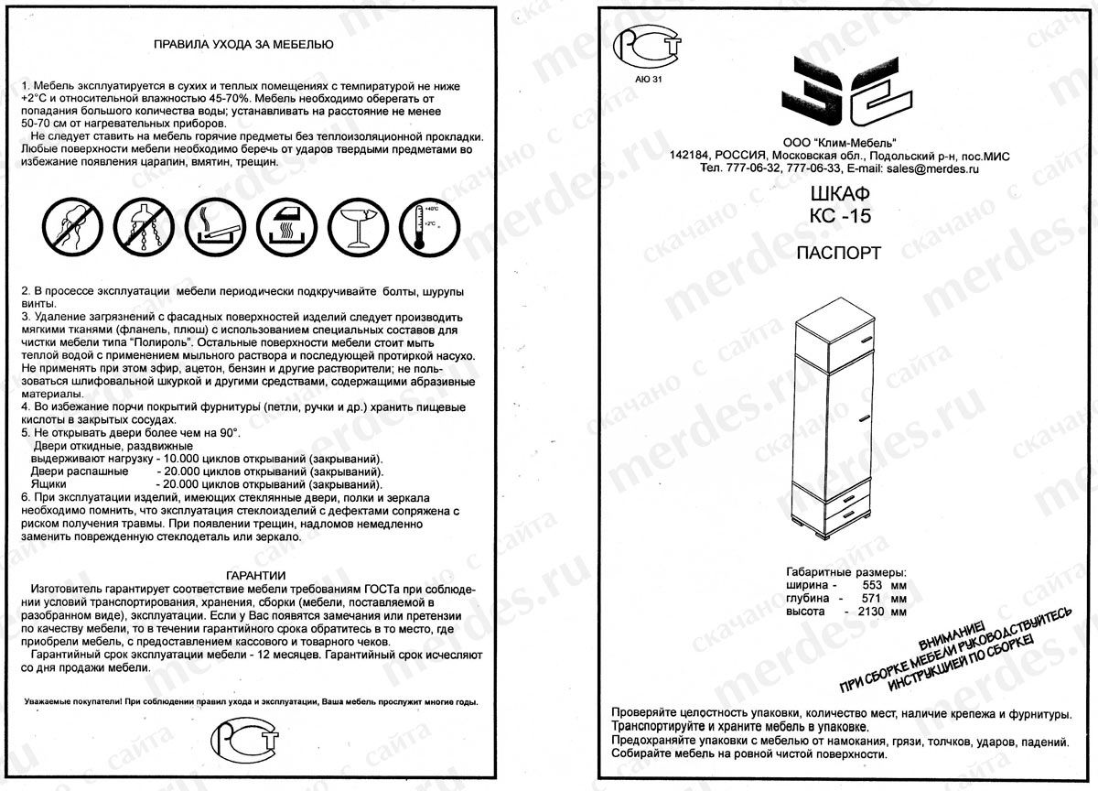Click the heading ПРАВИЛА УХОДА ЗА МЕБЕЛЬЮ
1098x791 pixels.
click(x=242, y=43)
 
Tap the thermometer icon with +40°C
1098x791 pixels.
click(x=428, y=227)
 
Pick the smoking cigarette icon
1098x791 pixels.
click(x=217, y=227)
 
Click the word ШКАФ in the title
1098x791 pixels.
click(x=839, y=195)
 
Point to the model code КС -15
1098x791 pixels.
click(x=840, y=217)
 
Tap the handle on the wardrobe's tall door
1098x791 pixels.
click(x=859, y=420)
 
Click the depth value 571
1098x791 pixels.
click(x=877, y=597)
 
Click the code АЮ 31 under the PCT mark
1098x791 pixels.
click(x=647, y=80)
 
